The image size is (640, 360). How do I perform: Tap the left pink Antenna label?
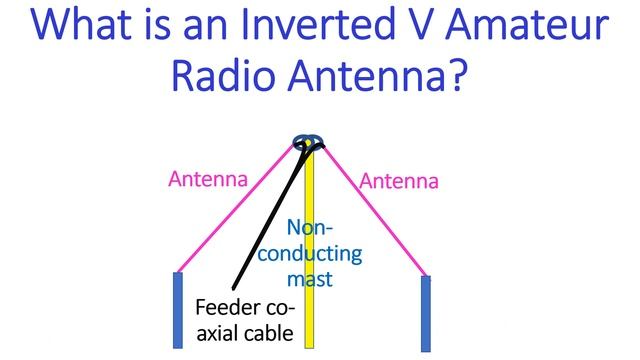[207, 180]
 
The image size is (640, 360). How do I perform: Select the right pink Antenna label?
[398, 181]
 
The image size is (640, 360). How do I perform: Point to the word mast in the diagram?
[311, 279]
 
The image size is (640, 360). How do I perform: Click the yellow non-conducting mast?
[309, 320]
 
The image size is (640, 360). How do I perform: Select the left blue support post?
[178, 310]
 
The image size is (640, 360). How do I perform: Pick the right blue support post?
[425, 312]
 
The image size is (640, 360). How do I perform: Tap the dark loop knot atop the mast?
[308, 141]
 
